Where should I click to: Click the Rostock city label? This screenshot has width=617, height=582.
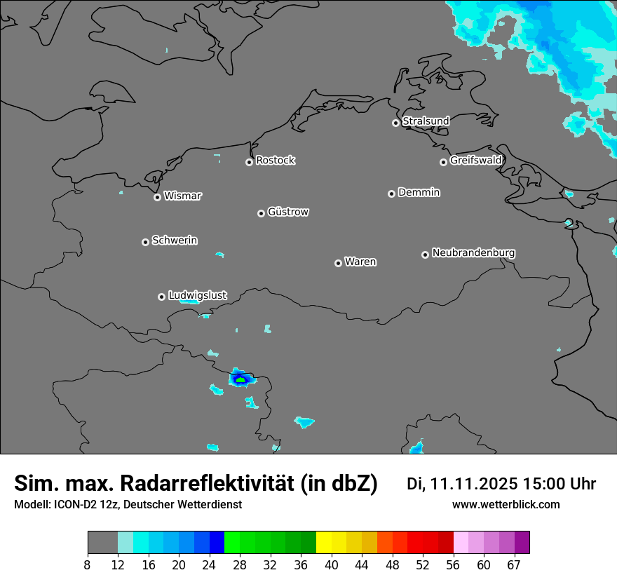coord(275,161)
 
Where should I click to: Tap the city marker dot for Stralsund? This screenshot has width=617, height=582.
coord(395,123)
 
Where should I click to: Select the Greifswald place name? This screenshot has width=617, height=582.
coord(475,161)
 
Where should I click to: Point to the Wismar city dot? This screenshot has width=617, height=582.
coord(157,197)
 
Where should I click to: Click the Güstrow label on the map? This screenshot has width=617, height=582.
coord(287,212)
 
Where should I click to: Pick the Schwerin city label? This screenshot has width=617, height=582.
coord(175,241)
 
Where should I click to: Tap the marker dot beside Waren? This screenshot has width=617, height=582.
coord(338,263)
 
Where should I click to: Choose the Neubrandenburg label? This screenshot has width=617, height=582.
coord(473,252)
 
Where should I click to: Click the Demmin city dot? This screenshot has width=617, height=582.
coord(391,194)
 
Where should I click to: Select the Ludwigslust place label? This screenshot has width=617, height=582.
coord(197,296)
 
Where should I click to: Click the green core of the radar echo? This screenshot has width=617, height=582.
coord(240,380)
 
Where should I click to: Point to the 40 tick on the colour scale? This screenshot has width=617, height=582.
coord(331,564)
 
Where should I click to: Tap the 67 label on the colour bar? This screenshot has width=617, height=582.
coord(514,564)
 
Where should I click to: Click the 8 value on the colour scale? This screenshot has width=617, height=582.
coord(88,564)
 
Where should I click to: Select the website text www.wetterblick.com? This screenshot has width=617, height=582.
coord(506,505)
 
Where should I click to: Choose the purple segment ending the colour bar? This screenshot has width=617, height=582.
coord(522,543)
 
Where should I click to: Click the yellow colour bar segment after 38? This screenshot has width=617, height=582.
coord(323,543)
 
